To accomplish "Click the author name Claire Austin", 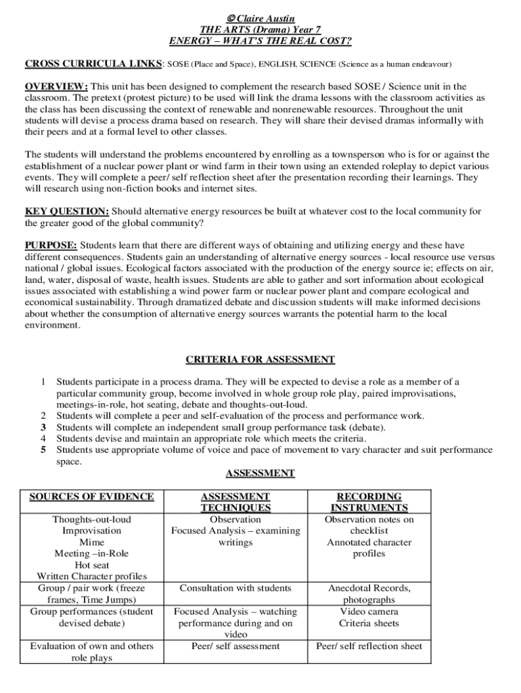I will point(265,18).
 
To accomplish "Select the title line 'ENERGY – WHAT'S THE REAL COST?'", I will point(260,41).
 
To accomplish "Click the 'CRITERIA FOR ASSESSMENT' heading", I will point(260,359).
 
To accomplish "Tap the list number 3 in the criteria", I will point(43,427).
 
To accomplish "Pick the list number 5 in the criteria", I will point(43,449).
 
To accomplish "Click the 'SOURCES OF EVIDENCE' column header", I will point(91,497).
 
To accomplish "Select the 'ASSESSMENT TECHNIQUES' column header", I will point(235,502).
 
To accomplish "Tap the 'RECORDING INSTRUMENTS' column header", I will point(369,502).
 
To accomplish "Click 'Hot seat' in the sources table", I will point(91,565).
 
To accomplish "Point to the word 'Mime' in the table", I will point(91,542).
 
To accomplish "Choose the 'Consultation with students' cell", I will point(235,588).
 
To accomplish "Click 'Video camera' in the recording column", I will point(369,611).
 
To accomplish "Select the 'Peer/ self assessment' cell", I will point(235,646).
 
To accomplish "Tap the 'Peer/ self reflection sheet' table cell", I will point(369,646).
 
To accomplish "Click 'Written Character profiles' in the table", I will point(91,577).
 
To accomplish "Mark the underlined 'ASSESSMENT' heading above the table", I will point(260,473).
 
